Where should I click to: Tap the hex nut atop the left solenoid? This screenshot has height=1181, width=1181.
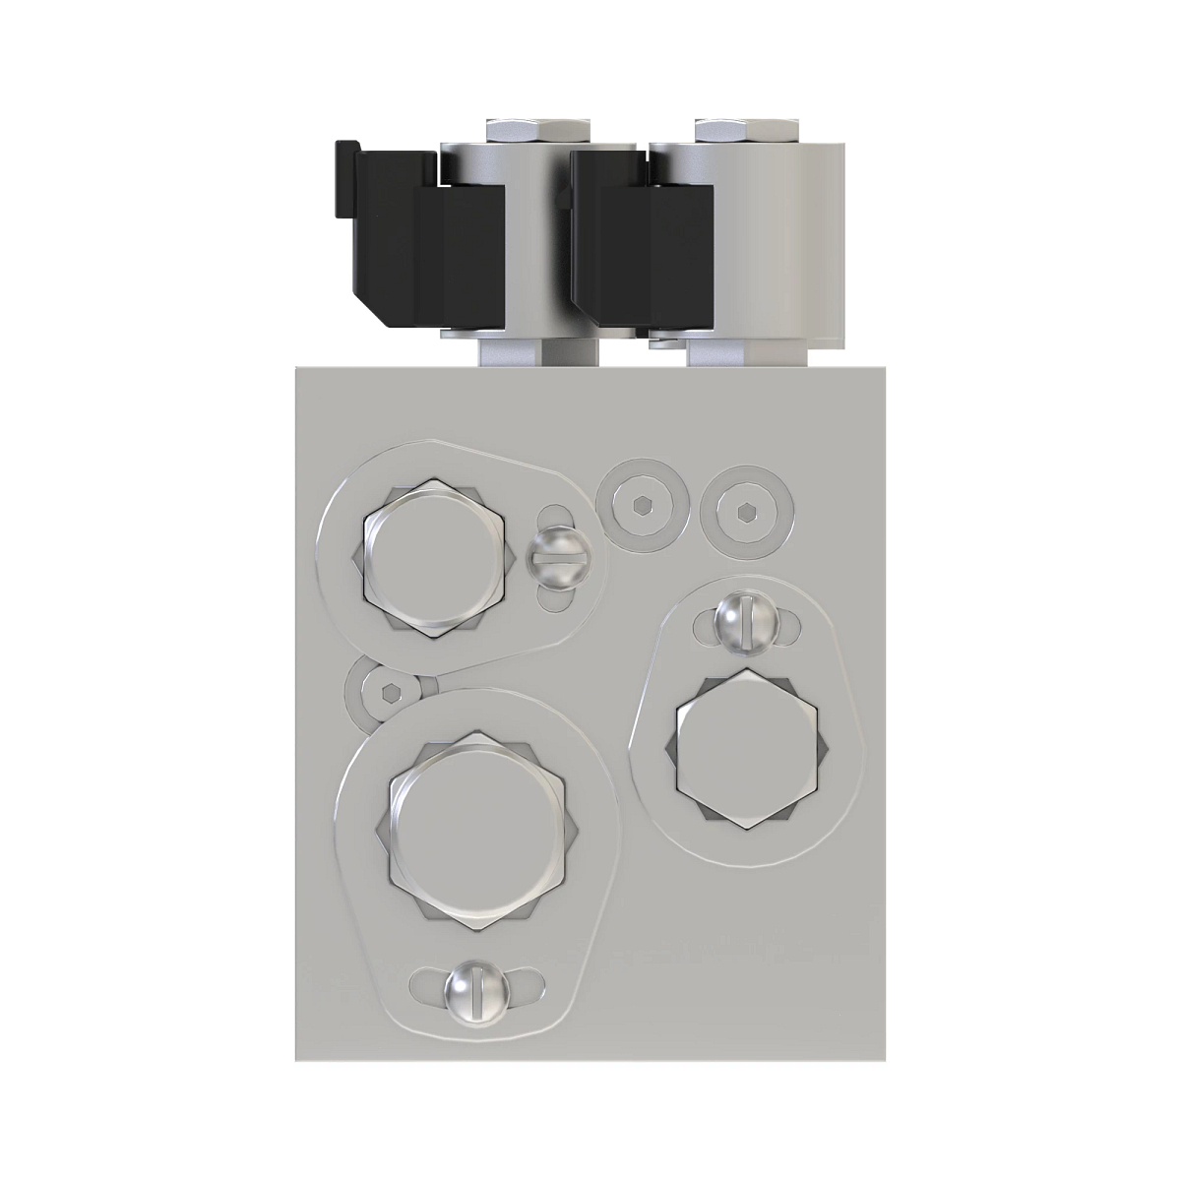coord(538,130)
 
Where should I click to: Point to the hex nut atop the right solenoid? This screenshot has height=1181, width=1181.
coord(745,130)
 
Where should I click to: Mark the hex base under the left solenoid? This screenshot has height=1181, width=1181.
coord(536,350)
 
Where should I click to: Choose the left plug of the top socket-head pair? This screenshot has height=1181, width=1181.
coord(642,505)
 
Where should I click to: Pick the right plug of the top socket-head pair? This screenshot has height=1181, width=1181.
coord(745,510)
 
